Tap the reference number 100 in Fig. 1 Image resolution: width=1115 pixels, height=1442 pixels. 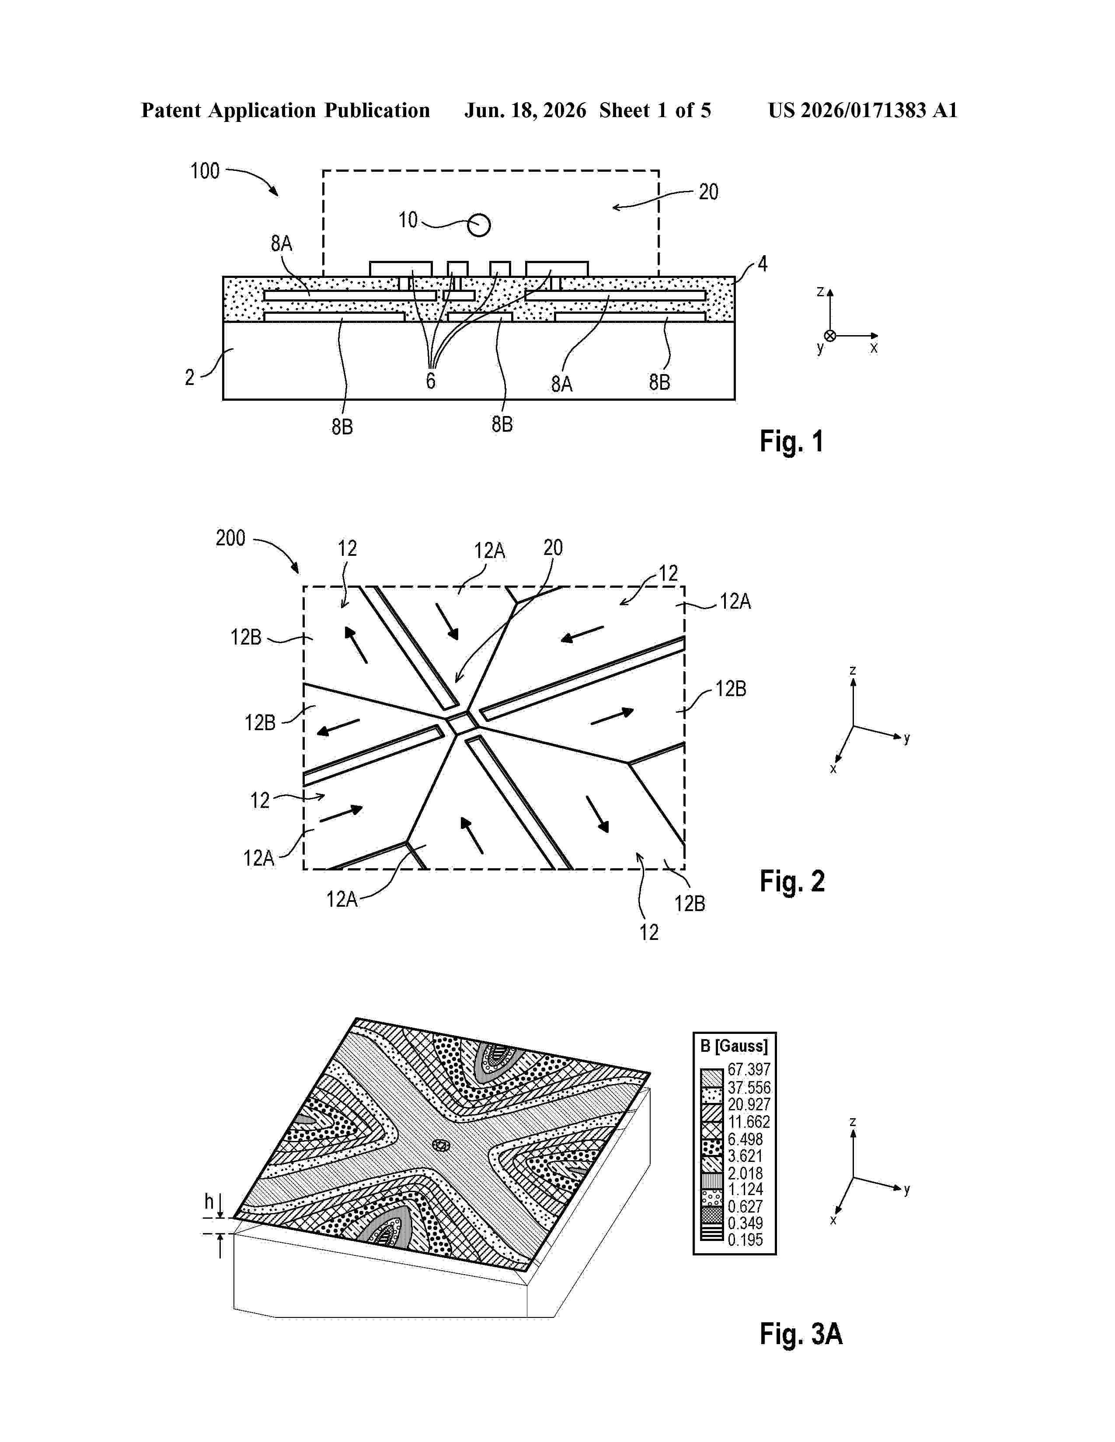tap(205, 171)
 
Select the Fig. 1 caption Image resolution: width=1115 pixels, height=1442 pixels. tap(791, 441)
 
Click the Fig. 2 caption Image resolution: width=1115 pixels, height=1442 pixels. tap(792, 881)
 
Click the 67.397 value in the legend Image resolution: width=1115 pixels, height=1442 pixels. tap(749, 1069)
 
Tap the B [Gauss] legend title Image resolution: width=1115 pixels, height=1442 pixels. tap(734, 1046)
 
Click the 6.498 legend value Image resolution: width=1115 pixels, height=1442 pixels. tap(745, 1139)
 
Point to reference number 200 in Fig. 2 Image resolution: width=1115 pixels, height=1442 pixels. tap(230, 538)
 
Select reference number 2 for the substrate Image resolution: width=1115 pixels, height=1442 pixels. tap(190, 377)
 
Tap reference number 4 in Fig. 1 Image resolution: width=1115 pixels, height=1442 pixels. tap(762, 264)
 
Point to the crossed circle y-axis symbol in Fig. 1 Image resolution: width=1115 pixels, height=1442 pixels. tap(830, 336)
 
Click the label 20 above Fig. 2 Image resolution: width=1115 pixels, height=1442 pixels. tap(553, 548)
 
